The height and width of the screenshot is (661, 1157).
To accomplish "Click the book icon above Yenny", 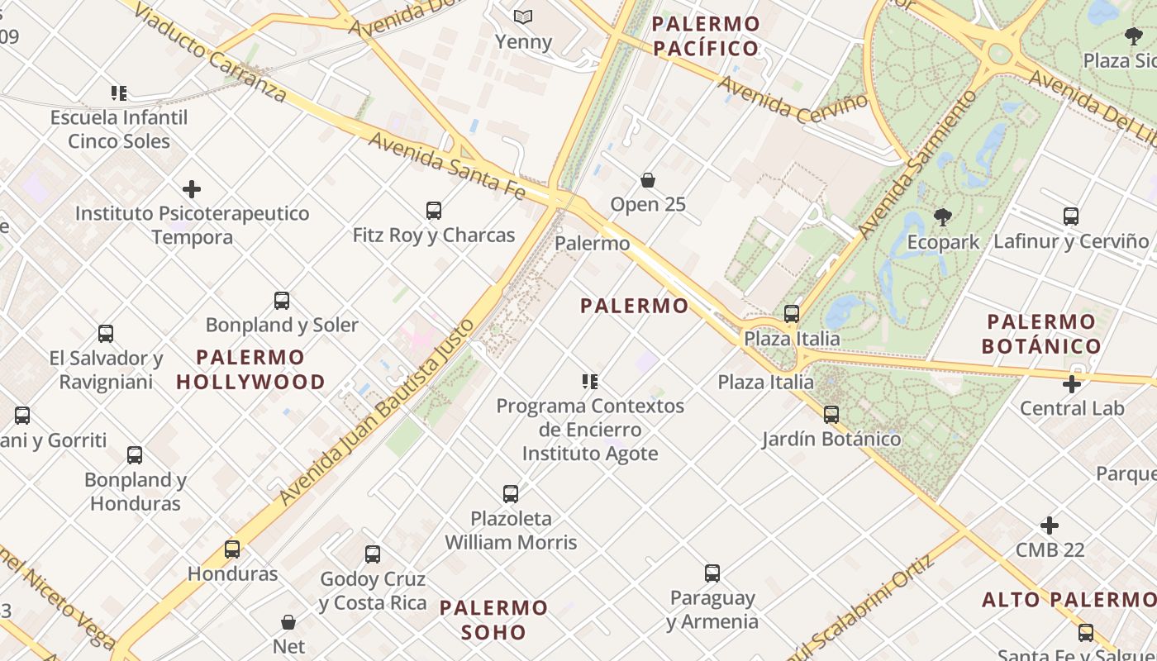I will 522,17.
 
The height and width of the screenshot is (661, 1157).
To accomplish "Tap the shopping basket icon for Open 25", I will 648,180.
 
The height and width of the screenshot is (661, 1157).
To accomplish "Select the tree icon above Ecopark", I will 942,218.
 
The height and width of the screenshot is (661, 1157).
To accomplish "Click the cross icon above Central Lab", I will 1072,384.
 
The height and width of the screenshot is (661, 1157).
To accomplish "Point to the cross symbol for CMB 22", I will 1050,525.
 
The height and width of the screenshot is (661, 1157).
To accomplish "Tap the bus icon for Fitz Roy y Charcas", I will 434,211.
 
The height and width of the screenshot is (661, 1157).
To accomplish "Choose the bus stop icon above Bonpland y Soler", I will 282,301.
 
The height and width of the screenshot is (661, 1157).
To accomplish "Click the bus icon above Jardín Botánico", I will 831,415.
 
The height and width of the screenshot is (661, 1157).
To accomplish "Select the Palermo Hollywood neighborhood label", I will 250,369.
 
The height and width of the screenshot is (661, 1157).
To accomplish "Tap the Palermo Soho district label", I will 493,620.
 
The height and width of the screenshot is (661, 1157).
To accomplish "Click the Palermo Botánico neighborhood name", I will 1041,334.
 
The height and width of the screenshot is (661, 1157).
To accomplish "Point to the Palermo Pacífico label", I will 706,36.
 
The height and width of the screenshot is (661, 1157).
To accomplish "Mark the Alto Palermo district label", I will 1069,600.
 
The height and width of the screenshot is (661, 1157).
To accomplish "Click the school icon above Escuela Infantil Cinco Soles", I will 119,93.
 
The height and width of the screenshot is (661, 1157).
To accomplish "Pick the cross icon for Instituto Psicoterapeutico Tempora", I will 192,190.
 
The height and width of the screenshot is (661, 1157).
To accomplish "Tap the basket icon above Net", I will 288,622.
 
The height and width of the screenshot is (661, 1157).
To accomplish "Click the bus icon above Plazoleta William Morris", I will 511,494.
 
